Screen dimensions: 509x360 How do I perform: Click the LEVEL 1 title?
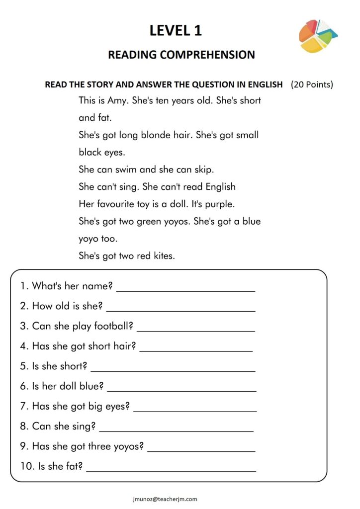(176, 30)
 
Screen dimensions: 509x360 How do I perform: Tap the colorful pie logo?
(317, 36)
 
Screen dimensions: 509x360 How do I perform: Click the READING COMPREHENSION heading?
(181, 55)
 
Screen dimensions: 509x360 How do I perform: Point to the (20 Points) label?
(312, 84)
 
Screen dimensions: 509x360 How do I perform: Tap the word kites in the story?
(164, 256)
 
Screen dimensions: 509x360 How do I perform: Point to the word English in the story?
(220, 187)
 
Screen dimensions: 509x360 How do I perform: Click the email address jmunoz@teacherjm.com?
(166, 499)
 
